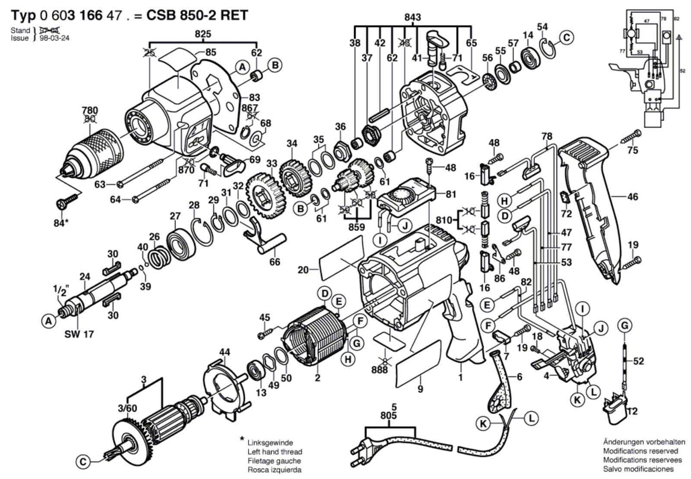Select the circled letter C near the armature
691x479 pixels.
click(x=83, y=462)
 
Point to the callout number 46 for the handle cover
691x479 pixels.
click(x=632, y=197)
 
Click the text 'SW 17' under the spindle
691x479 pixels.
click(x=79, y=334)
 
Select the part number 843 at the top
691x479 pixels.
click(x=412, y=17)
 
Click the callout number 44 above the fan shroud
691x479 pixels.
click(x=224, y=353)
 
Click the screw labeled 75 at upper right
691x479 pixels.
click(x=630, y=138)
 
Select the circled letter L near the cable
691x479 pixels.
click(x=531, y=418)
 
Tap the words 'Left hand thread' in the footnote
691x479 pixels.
click(x=275, y=452)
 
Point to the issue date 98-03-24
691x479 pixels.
click(x=54, y=38)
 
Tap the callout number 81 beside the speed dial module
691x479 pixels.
click(x=450, y=194)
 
